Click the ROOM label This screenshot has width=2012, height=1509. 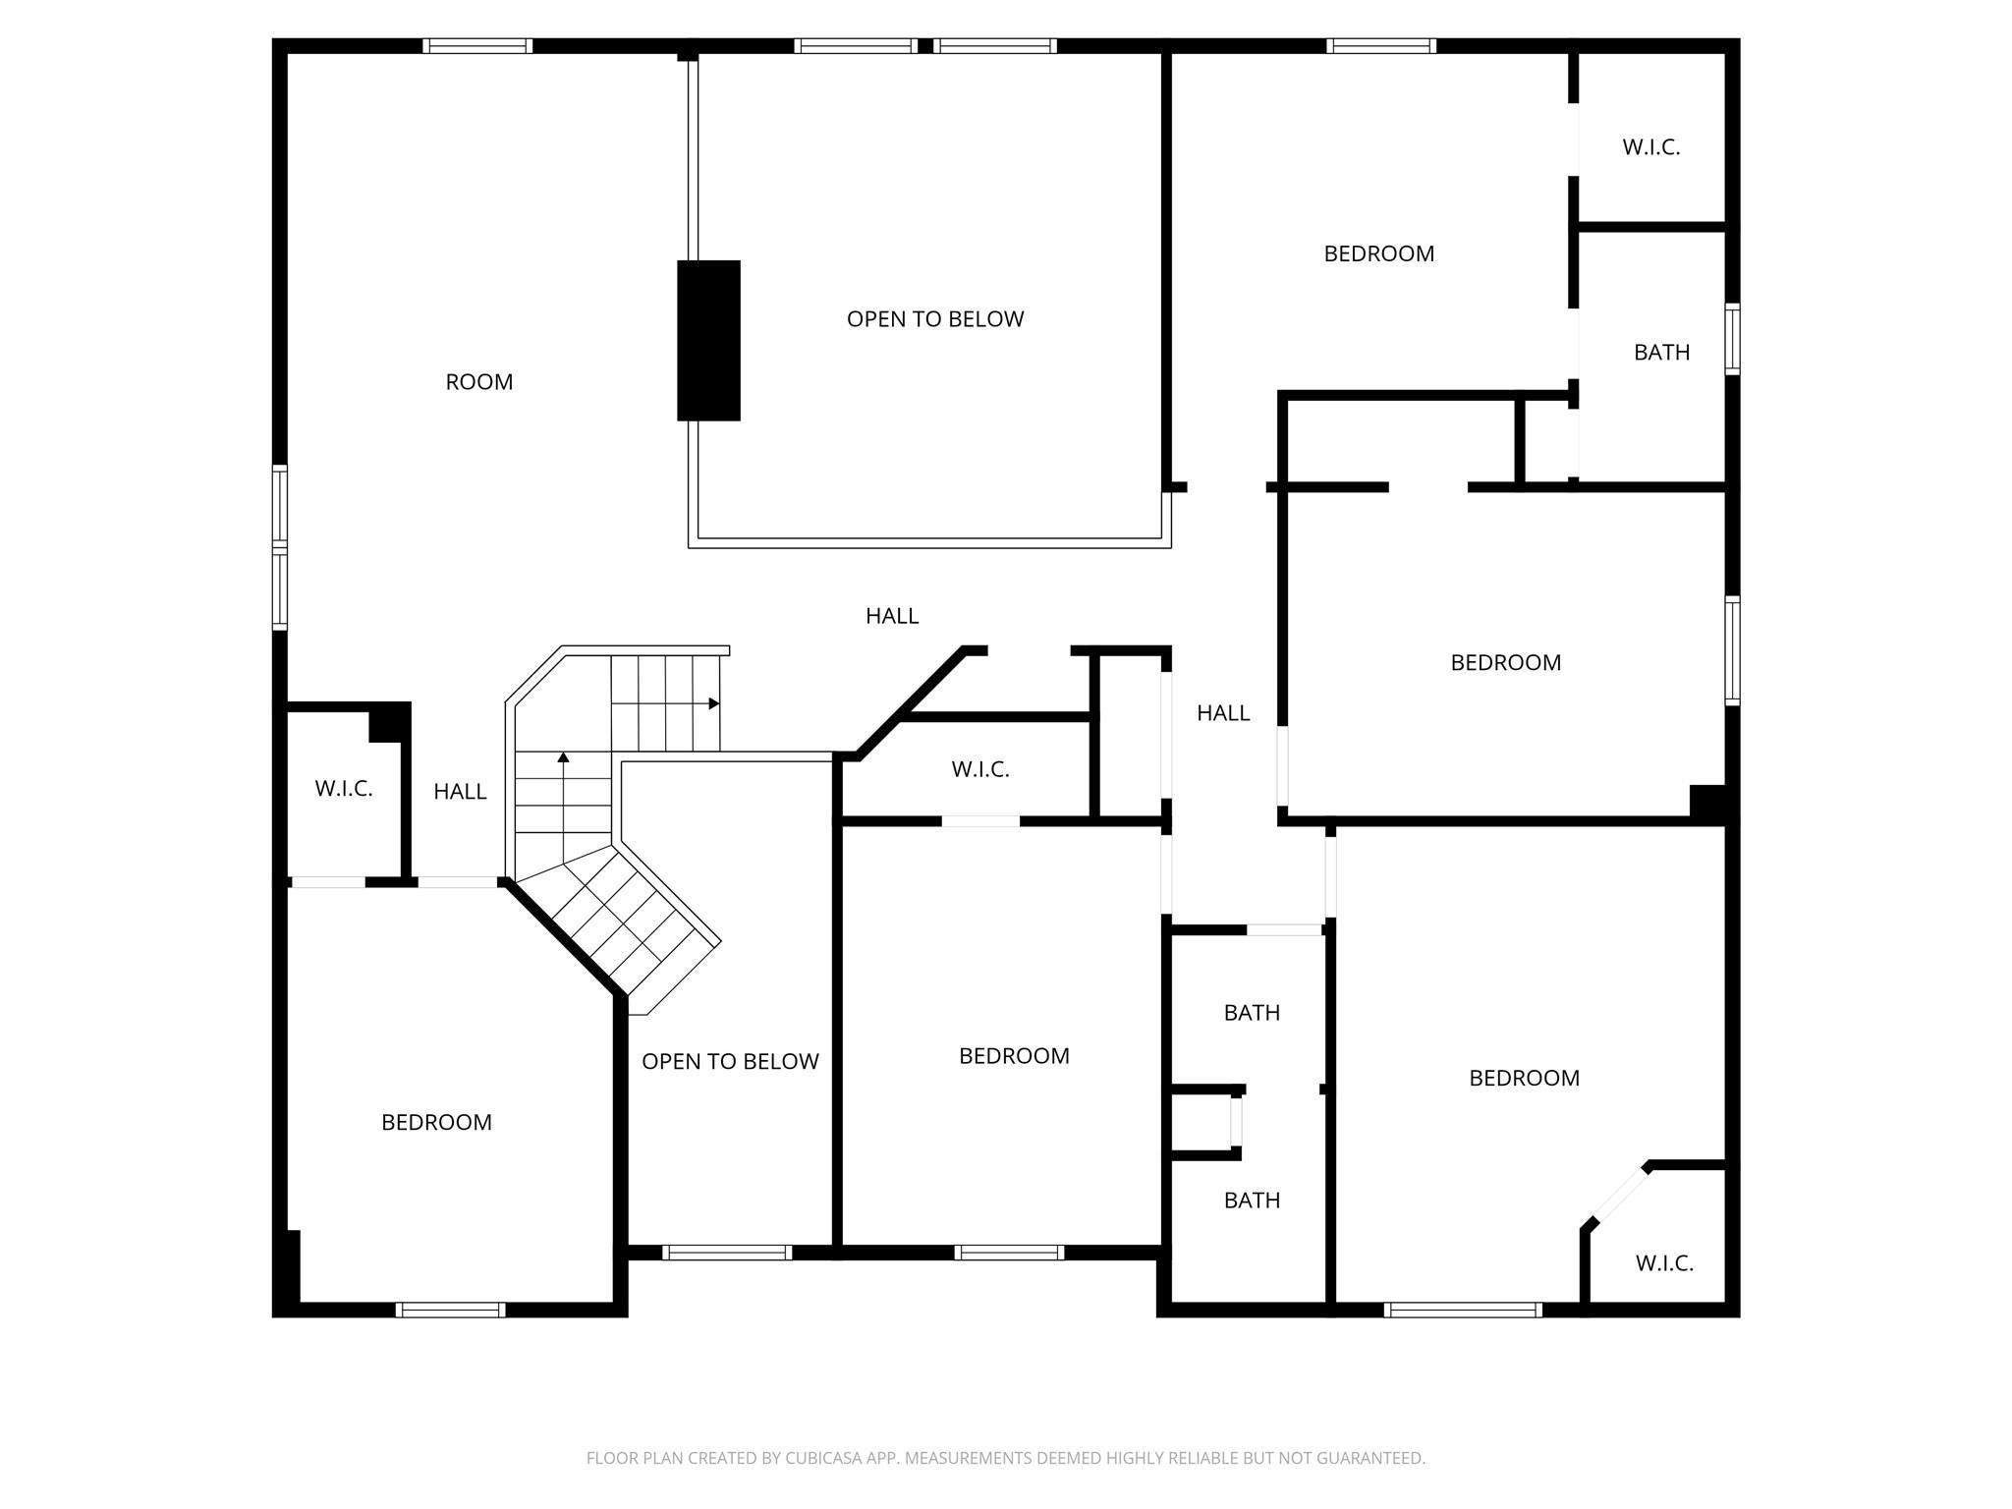478,382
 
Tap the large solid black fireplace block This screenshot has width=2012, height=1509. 708,341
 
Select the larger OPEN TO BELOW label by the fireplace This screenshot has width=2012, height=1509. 934,319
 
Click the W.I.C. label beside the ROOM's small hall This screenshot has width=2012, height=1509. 344,789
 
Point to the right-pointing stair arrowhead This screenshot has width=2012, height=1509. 714,703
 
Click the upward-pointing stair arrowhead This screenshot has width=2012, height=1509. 563,757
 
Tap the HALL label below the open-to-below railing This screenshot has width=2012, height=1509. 891,616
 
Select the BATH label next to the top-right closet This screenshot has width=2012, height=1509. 1661,353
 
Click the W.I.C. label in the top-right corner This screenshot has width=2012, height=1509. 1650,147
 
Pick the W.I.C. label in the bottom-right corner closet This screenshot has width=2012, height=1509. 1663,1263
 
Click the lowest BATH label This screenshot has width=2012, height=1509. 1252,1201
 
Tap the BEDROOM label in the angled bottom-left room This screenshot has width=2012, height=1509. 436,1123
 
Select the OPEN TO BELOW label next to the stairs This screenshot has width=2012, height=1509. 730,1062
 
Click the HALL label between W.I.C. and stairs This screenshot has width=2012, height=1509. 460,792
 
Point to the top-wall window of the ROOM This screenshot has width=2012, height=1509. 477,45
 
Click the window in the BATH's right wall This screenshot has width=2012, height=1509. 1732,339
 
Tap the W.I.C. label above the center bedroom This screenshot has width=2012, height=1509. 979,770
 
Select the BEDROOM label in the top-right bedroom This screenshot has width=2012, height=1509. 1378,254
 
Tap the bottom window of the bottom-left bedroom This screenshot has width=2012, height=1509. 450,1310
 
